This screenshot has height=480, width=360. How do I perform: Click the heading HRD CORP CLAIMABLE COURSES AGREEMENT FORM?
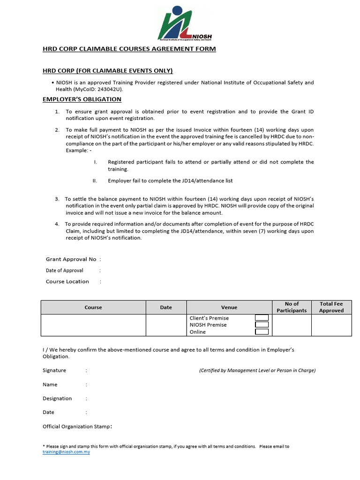click(x=129, y=49)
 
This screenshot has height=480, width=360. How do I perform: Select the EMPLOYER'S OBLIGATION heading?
click(x=82, y=99)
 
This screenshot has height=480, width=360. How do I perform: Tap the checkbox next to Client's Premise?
click(x=262, y=318)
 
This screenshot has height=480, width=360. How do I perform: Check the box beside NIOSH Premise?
click(x=262, y=325)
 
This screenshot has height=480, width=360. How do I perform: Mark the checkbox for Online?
click(x=262, y=332)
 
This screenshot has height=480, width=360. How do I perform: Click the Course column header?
click(x=93, y=307)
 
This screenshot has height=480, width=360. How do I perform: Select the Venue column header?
click(x=229, y=307)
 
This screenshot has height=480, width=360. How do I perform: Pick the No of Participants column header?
click(x=292, y=307)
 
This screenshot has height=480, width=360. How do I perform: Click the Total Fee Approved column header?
click(x=331, y=307)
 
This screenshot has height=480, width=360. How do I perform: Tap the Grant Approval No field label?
click(x=71, y=259)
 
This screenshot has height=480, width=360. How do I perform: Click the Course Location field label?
click(x=67, y=282)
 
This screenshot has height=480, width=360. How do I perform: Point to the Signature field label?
click(x=54, y=370)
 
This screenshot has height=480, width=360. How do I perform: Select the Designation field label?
click(x=57, y=398)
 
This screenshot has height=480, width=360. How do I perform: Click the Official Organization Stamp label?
click(x=77, y=427)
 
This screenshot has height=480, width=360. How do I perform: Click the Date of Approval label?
click(x=64, y=270)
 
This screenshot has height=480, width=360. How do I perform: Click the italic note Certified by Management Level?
click(x=257, y=370)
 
